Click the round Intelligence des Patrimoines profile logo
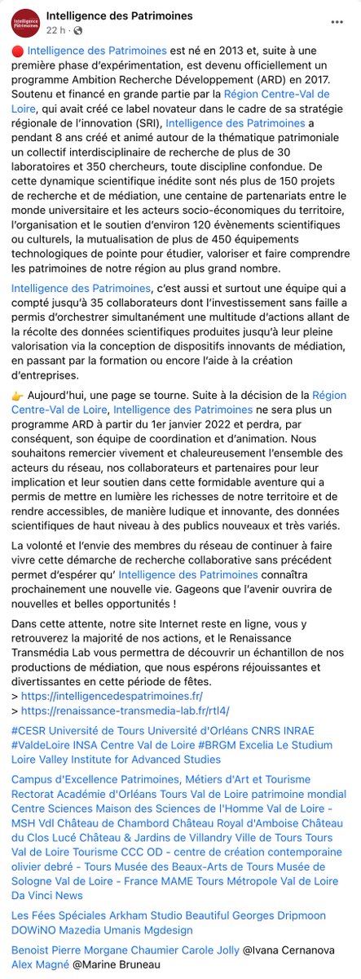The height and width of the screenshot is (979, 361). tap(24, 23)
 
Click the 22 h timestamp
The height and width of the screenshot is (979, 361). tap(56, 30)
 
